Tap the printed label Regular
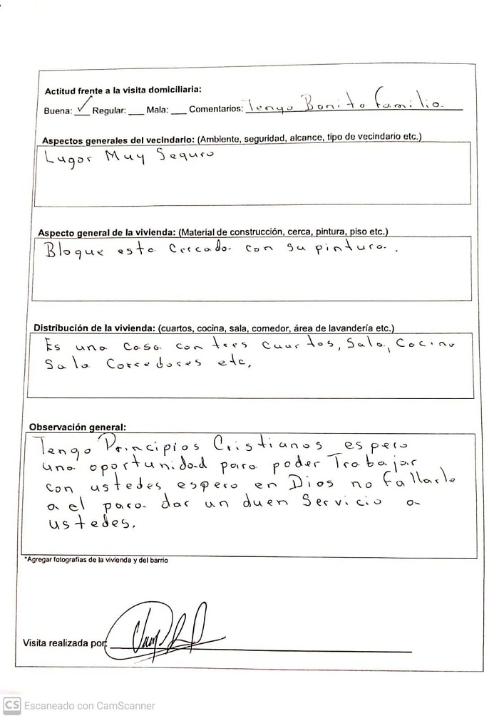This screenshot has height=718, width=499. point(109,111)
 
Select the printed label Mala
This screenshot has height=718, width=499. point(157,111)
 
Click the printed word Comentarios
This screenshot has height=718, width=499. point(216,110)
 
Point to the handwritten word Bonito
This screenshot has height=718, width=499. point(324,105)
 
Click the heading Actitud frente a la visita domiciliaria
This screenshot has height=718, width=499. point(123,90)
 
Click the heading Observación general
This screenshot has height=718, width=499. point(77,427)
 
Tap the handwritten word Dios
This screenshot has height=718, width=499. point(307,487)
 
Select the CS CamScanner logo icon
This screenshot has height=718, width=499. point(11,705)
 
